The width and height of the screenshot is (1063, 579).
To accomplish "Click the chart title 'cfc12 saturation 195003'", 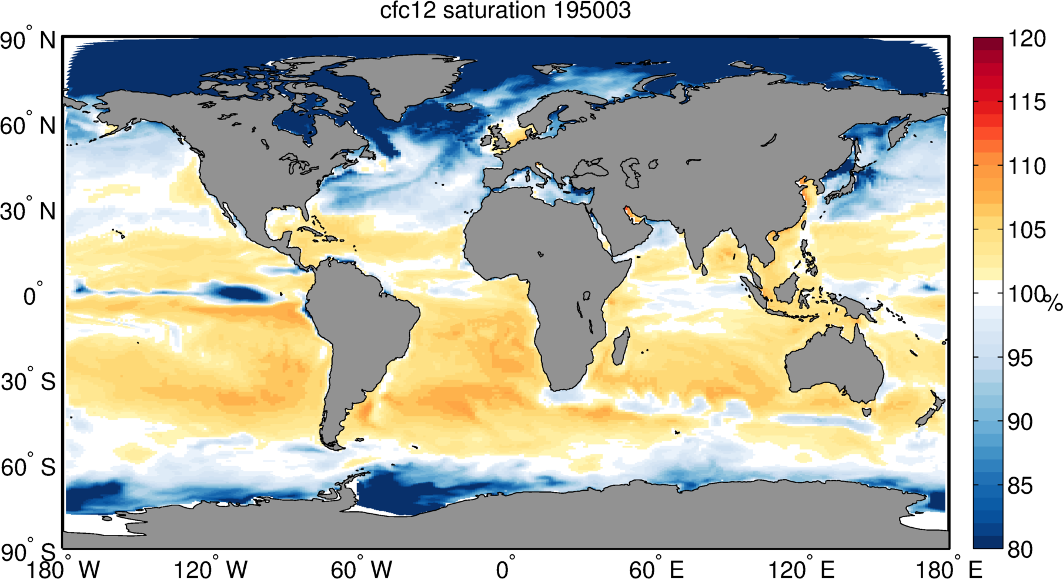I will [505, 11].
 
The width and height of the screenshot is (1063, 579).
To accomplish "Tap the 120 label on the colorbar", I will [1027, 39].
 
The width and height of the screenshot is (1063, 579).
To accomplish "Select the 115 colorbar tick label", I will [1027, 102].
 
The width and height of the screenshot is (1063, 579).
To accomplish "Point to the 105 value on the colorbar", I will [1027, 230].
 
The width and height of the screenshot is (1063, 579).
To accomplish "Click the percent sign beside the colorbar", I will [1054, 303].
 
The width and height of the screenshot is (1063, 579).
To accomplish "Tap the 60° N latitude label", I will [28, 126].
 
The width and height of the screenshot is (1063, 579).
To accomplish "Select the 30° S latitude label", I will [28, 382].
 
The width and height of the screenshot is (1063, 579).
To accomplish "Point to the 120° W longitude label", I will [210, 570].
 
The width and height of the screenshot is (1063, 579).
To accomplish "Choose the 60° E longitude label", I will [656, 570].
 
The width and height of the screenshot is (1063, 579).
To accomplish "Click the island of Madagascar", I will [621, 347].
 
